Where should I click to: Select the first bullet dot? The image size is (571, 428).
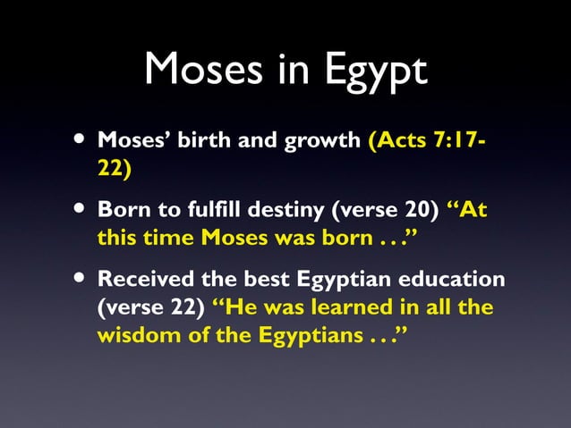(x=81, y=140)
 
